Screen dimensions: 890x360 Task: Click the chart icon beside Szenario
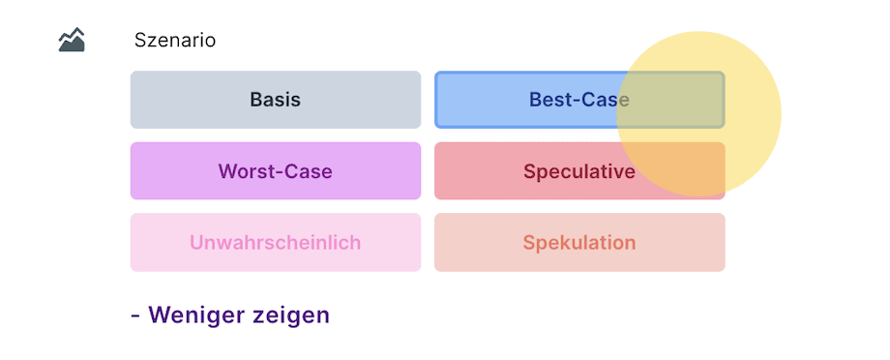(72, 40)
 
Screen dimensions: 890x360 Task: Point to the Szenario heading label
(175, 41)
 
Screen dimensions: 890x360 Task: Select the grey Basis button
(276, 100)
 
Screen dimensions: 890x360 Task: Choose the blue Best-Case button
(579, 100)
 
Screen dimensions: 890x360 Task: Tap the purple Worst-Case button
(276, 171)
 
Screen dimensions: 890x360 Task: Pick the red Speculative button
(579, 171)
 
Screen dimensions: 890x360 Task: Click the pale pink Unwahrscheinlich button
(276, 243)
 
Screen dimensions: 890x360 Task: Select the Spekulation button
(579, 243)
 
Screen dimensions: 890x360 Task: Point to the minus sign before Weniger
(135, 315)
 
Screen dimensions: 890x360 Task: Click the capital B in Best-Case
(536, 100)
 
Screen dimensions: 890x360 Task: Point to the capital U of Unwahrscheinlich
(196, 243)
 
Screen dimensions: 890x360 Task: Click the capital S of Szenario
(140, 41)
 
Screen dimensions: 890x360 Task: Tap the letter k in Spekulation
(557, 243)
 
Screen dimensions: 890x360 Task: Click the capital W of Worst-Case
(227, 171)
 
